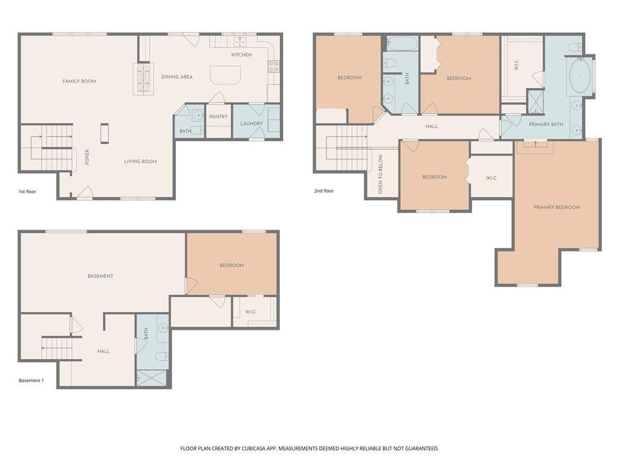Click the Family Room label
[79, 81]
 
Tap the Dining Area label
[177, 77]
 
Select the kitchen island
[225, 75]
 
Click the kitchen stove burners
[274, 66]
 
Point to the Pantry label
[218, 117]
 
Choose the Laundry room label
[251, 123]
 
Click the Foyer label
[87, 156]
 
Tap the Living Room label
[140, 161]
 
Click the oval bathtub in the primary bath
[580, 76]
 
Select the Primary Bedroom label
[556, 207]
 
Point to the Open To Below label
[381, 174]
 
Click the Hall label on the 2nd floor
[432, 126]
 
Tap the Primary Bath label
[546, 124]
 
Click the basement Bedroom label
[232, 265]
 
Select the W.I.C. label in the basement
[251, 312]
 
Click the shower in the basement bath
[152, 378]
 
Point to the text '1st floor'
[27, 192]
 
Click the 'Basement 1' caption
[31, 381]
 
